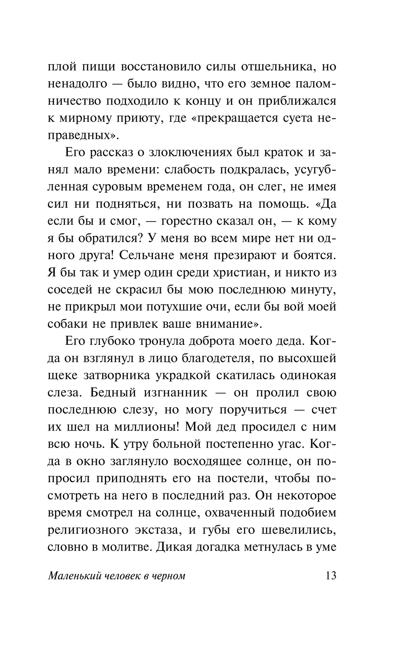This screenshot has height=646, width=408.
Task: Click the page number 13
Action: pos(330,576)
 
